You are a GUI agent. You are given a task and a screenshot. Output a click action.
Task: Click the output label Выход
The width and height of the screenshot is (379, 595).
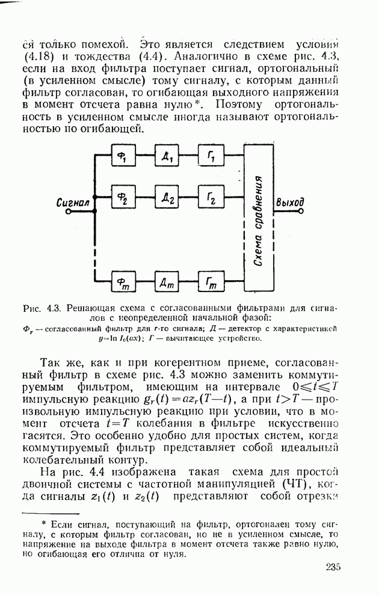[x=289, y=203]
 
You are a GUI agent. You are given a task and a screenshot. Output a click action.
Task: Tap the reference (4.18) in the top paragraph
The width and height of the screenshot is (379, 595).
[x=41, y=58]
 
